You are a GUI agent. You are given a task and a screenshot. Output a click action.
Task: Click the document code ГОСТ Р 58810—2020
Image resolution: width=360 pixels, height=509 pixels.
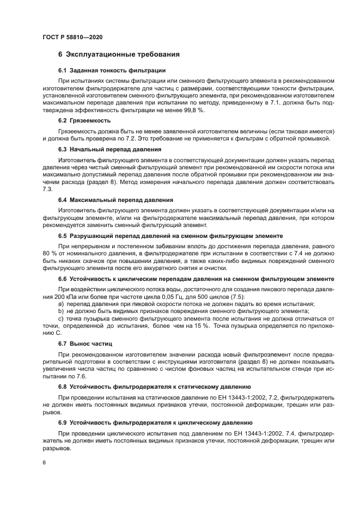tap(72, 36)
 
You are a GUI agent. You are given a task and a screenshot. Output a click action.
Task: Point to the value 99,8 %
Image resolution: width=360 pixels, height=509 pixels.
tap(193, 111)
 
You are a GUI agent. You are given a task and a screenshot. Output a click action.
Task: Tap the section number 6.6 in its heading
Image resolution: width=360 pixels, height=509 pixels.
tap(63, 279)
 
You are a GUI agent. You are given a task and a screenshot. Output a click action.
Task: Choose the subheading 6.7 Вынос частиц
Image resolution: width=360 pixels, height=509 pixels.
tap(85, 345)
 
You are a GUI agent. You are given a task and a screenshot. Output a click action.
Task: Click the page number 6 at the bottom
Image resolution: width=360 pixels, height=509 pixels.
tap(44, 463)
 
